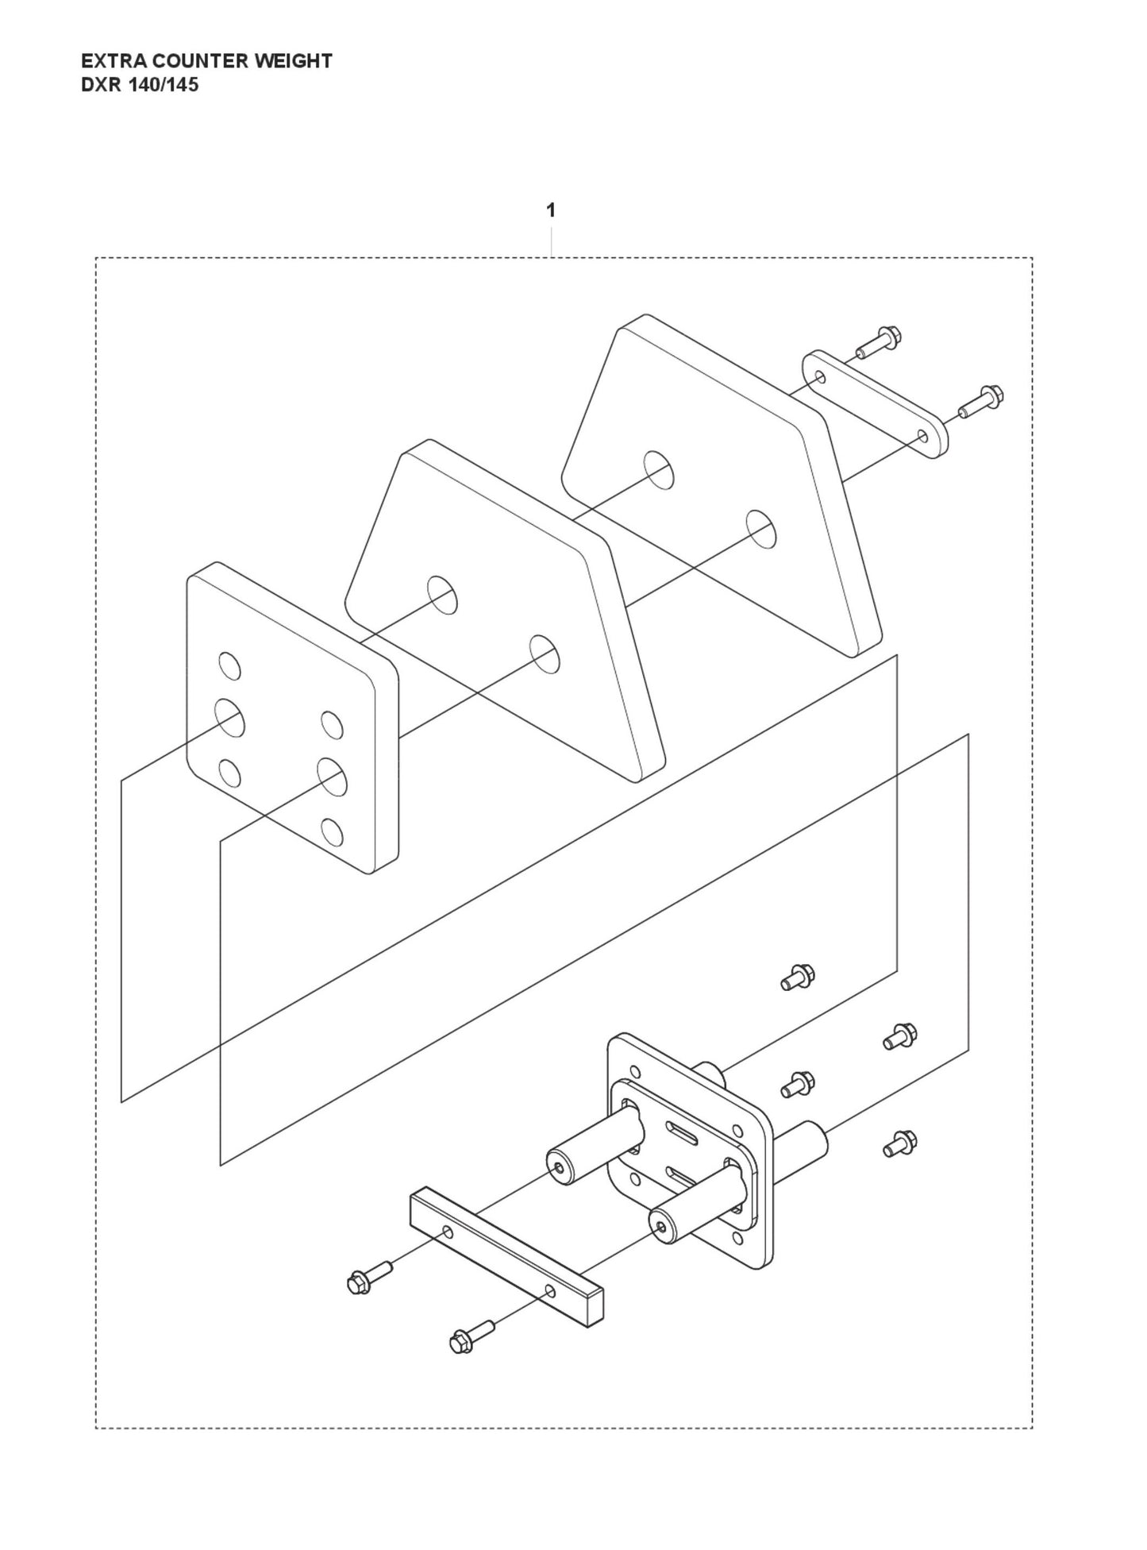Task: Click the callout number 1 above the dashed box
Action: point(550,211)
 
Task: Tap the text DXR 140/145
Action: point(140,85)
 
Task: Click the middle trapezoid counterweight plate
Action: point(505,610)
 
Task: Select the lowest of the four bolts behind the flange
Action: point(901,1143)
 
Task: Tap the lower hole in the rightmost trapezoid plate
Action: point(761,530)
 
